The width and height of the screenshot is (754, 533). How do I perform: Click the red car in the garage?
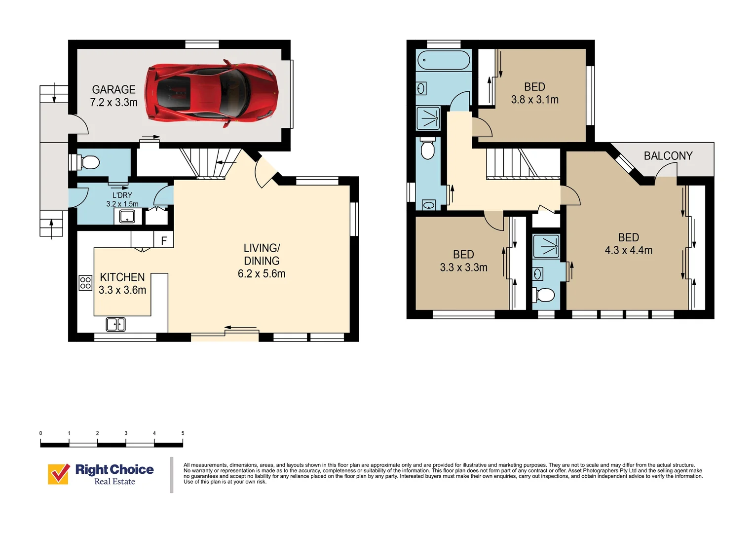[212, 93]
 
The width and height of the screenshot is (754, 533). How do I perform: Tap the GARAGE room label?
[113, 89]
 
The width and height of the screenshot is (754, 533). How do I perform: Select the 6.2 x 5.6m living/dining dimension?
[262, 274]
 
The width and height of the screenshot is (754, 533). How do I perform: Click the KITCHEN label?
[122, 277]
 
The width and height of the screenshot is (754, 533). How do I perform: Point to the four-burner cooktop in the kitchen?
[85, 283]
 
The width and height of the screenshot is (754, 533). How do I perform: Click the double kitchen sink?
[115, 324]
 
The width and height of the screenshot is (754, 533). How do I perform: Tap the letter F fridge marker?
[164, 241]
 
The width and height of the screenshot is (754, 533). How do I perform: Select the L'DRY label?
[122, 195]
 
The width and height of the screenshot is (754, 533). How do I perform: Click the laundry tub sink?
[127, 216]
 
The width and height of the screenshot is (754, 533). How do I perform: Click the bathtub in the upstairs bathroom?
[443, 61]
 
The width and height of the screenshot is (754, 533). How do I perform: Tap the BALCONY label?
[668, 156]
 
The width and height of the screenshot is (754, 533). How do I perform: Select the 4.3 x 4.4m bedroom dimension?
[629, 251]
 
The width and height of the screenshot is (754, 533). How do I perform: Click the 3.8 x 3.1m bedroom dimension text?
[535, 100]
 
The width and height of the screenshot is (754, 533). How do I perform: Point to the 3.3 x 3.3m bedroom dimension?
[463, 267]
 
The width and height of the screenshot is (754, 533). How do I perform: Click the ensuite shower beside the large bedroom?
[546, 246]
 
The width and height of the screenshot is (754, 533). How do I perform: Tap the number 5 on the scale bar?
[183, 433]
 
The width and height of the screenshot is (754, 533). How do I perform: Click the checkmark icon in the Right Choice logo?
[59, 474]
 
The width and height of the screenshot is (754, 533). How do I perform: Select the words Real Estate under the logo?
[114, 482]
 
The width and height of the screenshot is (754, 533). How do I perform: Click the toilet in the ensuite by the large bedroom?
[544, 295]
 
